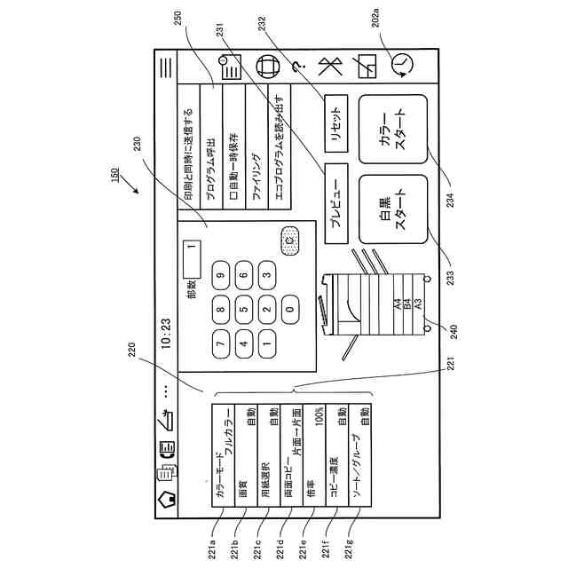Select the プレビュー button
pyautogui.click(x=335, y=206)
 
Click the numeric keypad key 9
pyautogui.click(x=220, y=276)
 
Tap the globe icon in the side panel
pyautogui.click(x=265, y=66)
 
